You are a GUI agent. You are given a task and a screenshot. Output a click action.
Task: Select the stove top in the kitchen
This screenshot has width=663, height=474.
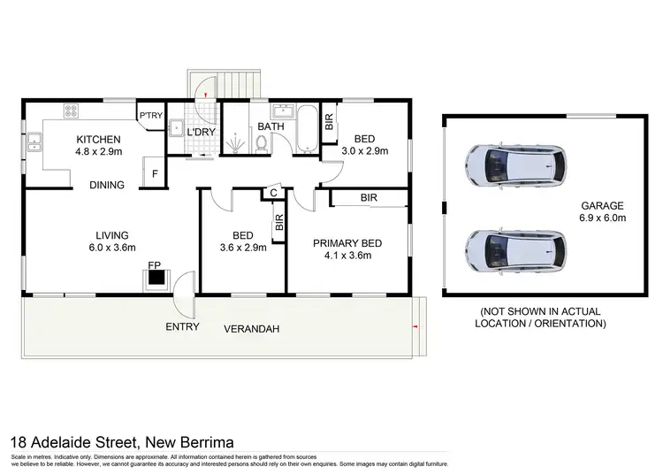[x=71, y=111]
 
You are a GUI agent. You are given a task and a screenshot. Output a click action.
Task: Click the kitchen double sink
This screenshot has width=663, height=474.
[x=34, y=141]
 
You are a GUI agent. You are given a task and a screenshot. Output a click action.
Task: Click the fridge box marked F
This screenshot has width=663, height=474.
[x=156, y=174]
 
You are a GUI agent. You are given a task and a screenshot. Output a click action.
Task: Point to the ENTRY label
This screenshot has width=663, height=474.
[x=181, y=327]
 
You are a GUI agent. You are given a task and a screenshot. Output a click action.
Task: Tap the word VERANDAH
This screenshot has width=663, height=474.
[x=253, y=328]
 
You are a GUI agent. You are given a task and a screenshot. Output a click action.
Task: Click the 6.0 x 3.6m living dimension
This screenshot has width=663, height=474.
[x=112, y=249]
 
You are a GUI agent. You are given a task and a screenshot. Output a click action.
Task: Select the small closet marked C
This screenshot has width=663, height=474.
[x=273, y=193]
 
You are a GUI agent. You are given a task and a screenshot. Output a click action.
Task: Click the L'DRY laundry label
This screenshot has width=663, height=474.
[x=202, y=133]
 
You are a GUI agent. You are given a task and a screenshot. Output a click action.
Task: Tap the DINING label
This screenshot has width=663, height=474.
[x=106, y=185]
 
